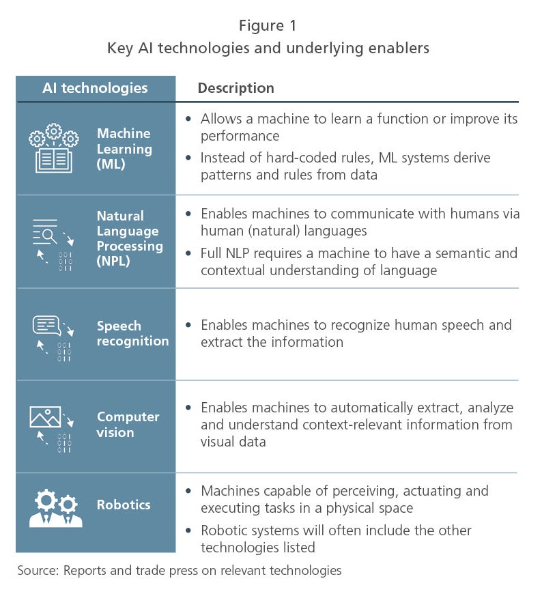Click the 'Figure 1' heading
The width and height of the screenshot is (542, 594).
point(268,26)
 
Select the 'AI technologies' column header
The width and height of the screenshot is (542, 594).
point(95,88)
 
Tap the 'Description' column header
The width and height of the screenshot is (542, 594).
point(236,88)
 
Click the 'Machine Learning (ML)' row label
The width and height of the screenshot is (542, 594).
point(124,149)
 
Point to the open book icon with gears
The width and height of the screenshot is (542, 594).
point(54,148)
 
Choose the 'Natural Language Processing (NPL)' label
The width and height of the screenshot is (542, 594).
point(130,238)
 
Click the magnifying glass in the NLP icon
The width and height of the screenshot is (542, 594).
point(49,236)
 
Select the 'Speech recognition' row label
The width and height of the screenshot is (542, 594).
point(132,333)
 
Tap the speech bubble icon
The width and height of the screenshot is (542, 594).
point(47,326)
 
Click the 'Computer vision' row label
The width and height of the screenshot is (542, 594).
point(128,424)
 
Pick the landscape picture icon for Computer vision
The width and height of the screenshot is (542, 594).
point(45,416)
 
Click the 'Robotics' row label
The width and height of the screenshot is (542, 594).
point(124,505)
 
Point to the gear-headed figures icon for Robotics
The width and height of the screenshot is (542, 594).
point(56,509)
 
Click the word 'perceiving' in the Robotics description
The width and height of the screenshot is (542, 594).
point(365,492)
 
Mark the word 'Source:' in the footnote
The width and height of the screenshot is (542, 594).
point(38,571)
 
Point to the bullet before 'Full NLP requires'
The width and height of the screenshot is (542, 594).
point(188,253)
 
